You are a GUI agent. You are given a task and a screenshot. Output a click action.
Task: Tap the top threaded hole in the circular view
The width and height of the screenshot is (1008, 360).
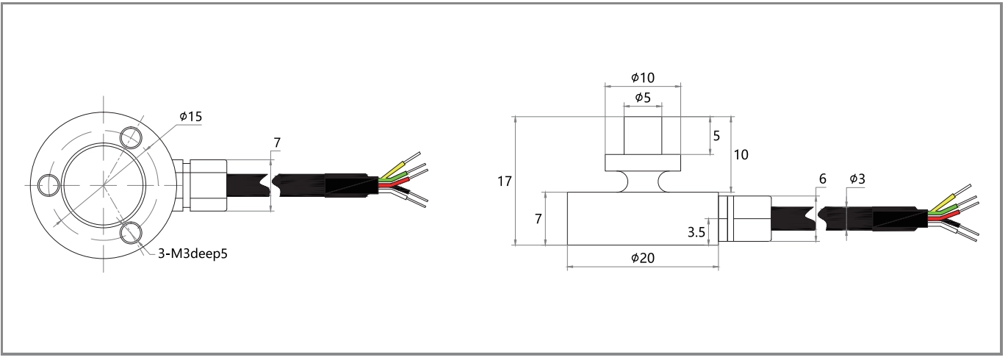pyautogui.click(x=133, y=136)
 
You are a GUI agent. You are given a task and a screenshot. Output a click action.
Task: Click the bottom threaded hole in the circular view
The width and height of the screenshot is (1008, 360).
pyautogui.click(x=132, y=233)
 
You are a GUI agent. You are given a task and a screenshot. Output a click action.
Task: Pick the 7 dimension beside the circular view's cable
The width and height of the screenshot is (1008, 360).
pyautogui.click(x=276, y=142)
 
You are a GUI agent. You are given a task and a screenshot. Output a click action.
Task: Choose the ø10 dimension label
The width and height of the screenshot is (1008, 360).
pyautogui.click(x=642, y=77)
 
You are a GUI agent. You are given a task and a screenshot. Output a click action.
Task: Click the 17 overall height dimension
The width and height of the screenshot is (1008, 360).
pyautogui.click(x=504, y=181)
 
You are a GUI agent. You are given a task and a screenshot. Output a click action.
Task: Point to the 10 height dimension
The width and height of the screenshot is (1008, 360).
pyautogui.click(x=742, y=154)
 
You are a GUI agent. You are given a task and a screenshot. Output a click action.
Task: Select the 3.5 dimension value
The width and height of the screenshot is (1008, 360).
pyautogui.click(x=696, y=232)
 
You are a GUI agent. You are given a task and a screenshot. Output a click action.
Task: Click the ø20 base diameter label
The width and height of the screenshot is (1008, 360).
pyautogui.click(x=642, y=258)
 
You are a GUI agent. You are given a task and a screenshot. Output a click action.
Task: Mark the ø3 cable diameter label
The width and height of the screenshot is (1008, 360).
pyautogui.click(x=857, y=179)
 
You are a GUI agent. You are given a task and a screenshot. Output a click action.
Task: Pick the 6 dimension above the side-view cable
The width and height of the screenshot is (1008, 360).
pyautogui.click(x=822, y=179)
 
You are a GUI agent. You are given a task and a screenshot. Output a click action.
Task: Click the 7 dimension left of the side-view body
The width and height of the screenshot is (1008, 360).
pyautogui.click(x=538, y=219)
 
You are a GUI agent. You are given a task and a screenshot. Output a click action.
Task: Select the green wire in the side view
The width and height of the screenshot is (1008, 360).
pyautogui.click(x=944, y=212)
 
